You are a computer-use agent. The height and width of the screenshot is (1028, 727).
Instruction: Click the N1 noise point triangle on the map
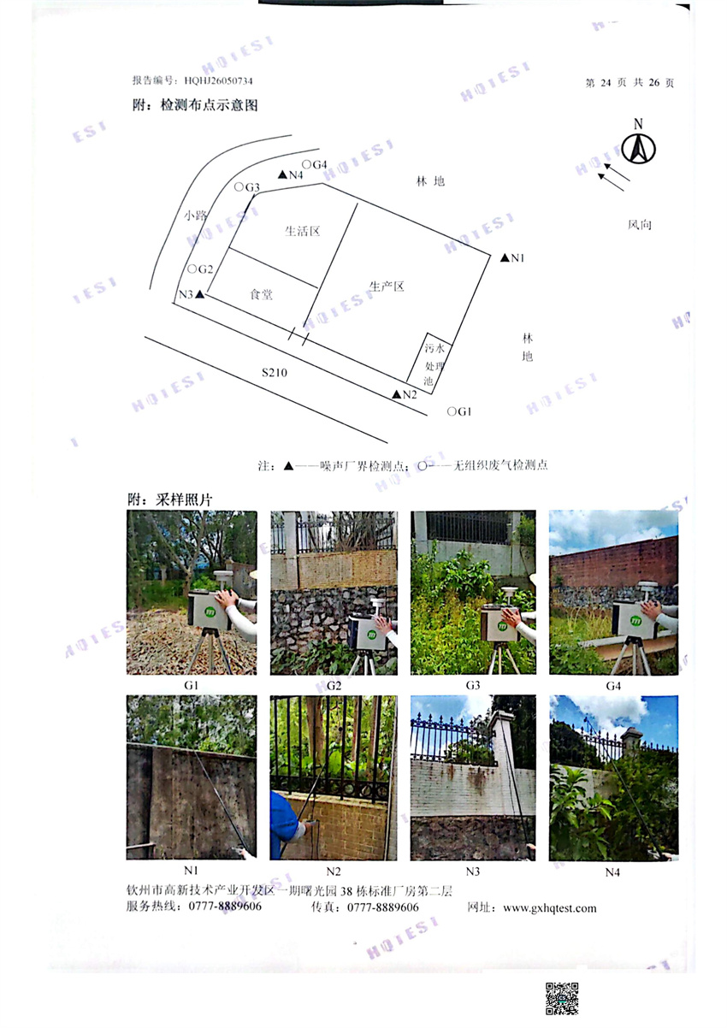[505, 257]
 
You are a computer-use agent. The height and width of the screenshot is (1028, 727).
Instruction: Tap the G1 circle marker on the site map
[452, 411]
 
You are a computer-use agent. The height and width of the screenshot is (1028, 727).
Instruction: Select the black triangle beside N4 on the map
[283, 174]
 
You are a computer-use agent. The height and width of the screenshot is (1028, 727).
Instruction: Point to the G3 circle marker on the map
[239, 186]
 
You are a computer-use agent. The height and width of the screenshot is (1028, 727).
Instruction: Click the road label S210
[275, 372]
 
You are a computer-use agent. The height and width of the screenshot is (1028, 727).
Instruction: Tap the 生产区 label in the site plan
[387, 287]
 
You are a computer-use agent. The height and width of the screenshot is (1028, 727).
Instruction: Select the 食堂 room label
[261, 294]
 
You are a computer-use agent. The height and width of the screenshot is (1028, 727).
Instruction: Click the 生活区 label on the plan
[303, 231]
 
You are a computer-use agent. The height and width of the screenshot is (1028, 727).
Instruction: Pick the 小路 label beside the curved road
[196, 215]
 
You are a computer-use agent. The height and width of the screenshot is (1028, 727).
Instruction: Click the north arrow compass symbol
[638, 148]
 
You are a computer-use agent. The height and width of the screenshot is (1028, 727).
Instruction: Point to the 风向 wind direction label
[640, 224]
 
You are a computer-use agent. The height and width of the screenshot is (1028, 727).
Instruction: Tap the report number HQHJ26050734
[218, 80]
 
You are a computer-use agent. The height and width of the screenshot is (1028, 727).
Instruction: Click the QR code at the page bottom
[562, 999]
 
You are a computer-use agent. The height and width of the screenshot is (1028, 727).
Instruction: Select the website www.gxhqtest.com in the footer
[550, 908]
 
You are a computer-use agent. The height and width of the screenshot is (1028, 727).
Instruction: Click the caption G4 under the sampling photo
[613, 686]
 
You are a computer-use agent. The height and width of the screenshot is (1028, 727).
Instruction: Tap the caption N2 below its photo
[334, 871]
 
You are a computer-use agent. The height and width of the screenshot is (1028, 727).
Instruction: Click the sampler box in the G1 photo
[209, 611]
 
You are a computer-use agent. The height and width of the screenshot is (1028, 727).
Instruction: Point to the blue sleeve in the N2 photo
[281, 822]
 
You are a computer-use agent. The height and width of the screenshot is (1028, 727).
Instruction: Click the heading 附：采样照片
[170, 499]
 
